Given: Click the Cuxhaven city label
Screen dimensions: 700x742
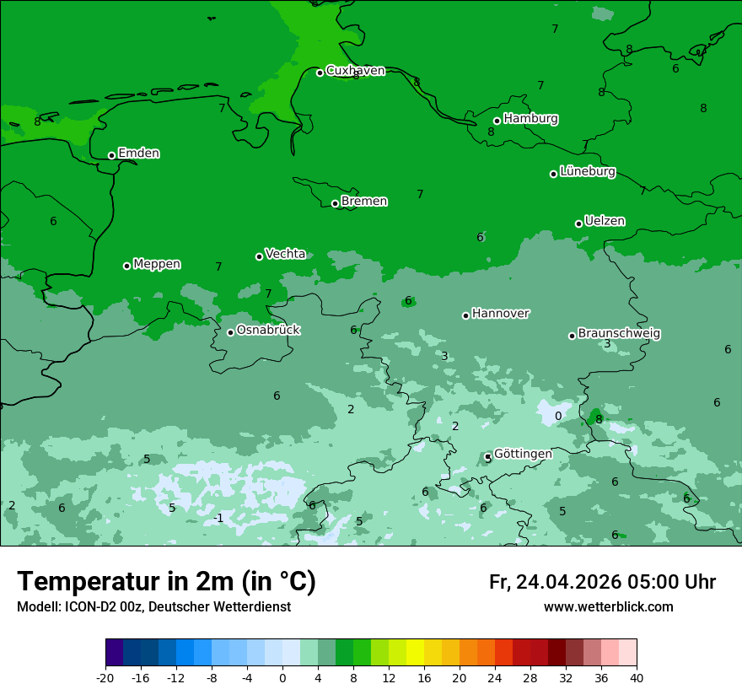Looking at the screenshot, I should point(355,71).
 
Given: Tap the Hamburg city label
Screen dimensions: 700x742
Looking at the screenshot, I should point(530,119).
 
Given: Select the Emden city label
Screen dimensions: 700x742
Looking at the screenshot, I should point(138,153).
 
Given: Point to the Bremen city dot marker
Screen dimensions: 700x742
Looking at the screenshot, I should point(335,203).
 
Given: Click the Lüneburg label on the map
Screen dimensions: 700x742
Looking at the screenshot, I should point(587,172).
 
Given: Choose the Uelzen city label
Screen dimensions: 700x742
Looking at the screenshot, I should point(605,222).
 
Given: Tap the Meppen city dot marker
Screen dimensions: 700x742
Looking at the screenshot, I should point(126,266).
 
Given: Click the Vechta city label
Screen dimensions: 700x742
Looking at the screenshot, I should point(285,254).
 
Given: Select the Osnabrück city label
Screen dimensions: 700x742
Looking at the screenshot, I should point(268,331).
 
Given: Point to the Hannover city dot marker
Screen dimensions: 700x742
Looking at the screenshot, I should point(465,315).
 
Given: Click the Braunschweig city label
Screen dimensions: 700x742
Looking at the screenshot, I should point(619,334).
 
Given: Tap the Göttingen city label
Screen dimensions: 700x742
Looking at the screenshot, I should point(523,454).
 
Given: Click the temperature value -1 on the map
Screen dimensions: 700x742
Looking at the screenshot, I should point(218,518).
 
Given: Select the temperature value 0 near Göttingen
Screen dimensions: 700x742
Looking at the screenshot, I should point(557,416).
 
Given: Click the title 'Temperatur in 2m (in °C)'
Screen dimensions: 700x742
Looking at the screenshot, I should point(167,582).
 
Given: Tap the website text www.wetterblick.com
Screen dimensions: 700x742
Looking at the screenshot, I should point(608,607).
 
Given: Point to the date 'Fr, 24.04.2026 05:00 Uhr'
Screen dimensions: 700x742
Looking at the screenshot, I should point(602,582).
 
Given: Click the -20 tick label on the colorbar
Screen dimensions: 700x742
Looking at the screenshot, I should point(105,678).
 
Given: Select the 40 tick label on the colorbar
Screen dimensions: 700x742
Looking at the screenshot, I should point(637,678).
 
